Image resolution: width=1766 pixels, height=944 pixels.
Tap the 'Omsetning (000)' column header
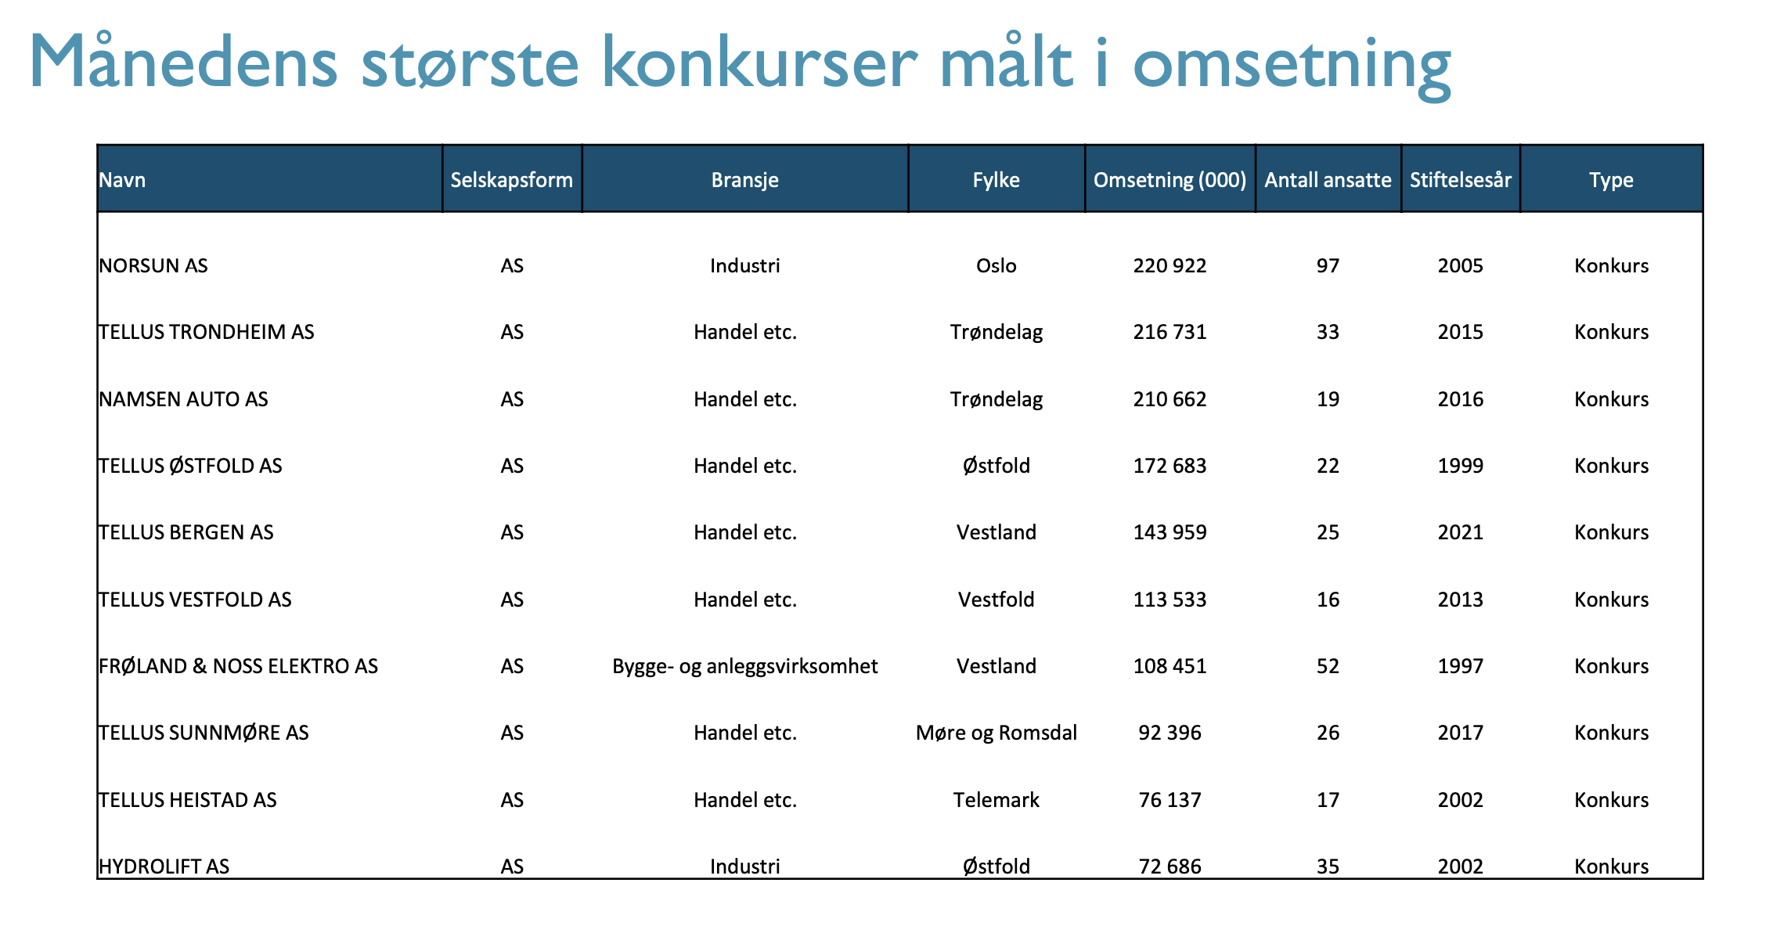[x=1170, y=180]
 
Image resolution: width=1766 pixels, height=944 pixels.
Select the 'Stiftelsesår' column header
[x=1460, y=180]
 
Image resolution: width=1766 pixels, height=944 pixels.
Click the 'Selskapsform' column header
[x=511, y=180]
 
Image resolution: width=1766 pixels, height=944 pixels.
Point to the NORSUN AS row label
[x=153, y=266]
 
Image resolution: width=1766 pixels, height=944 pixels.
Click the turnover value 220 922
[x=1170, y=266]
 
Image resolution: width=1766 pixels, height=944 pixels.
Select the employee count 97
[x=1328, y=266]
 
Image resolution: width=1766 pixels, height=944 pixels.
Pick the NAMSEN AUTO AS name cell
[x=183, y=399]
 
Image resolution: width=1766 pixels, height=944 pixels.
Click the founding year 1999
[x=1460, y=466]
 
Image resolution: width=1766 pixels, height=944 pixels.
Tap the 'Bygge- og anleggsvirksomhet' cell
[x=744, y=666]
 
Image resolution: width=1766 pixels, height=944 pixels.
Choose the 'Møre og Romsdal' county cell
[x=996, y=733]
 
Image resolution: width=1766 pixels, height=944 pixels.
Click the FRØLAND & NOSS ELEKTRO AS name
[x=238, y=666]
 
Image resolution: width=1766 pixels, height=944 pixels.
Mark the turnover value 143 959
[x=1170, y=532]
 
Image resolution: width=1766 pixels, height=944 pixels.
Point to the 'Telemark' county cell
[x=996, y=800]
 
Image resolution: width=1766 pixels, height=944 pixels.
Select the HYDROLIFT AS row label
[x=164, y=867]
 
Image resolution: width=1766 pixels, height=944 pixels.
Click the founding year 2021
[x=1460, y=532]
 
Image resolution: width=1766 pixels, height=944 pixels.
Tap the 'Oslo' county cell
[x=996, y=266]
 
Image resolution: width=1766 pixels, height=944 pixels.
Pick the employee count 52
[x=1328, y=666]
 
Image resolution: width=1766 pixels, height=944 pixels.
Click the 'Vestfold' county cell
[x=996, y=600]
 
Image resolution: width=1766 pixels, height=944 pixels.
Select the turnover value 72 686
[x=1170, y=867]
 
